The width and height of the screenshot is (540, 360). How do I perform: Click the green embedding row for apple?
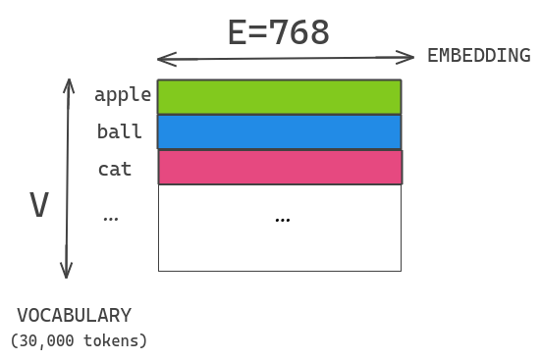click(280, 97)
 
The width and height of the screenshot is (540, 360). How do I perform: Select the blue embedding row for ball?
click(280, 131)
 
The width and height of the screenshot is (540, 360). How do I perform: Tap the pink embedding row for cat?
click(280, 167)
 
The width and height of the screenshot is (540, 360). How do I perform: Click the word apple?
click(123, 95)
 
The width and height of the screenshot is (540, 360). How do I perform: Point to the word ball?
click(119, 131)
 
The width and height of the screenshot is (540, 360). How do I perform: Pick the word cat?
click(115, 169)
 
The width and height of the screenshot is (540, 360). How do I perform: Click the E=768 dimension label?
click(278, 32)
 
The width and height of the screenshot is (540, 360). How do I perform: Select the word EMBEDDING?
click(478, 56)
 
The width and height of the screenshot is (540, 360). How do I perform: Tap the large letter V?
click(39, 206)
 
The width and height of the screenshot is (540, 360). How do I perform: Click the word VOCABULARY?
click(74, 316)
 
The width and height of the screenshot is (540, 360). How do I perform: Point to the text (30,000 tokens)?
click(79, 341)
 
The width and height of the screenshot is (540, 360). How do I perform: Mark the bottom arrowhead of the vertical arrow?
click(67, 274)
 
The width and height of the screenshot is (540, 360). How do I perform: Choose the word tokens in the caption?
click(110, 341)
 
